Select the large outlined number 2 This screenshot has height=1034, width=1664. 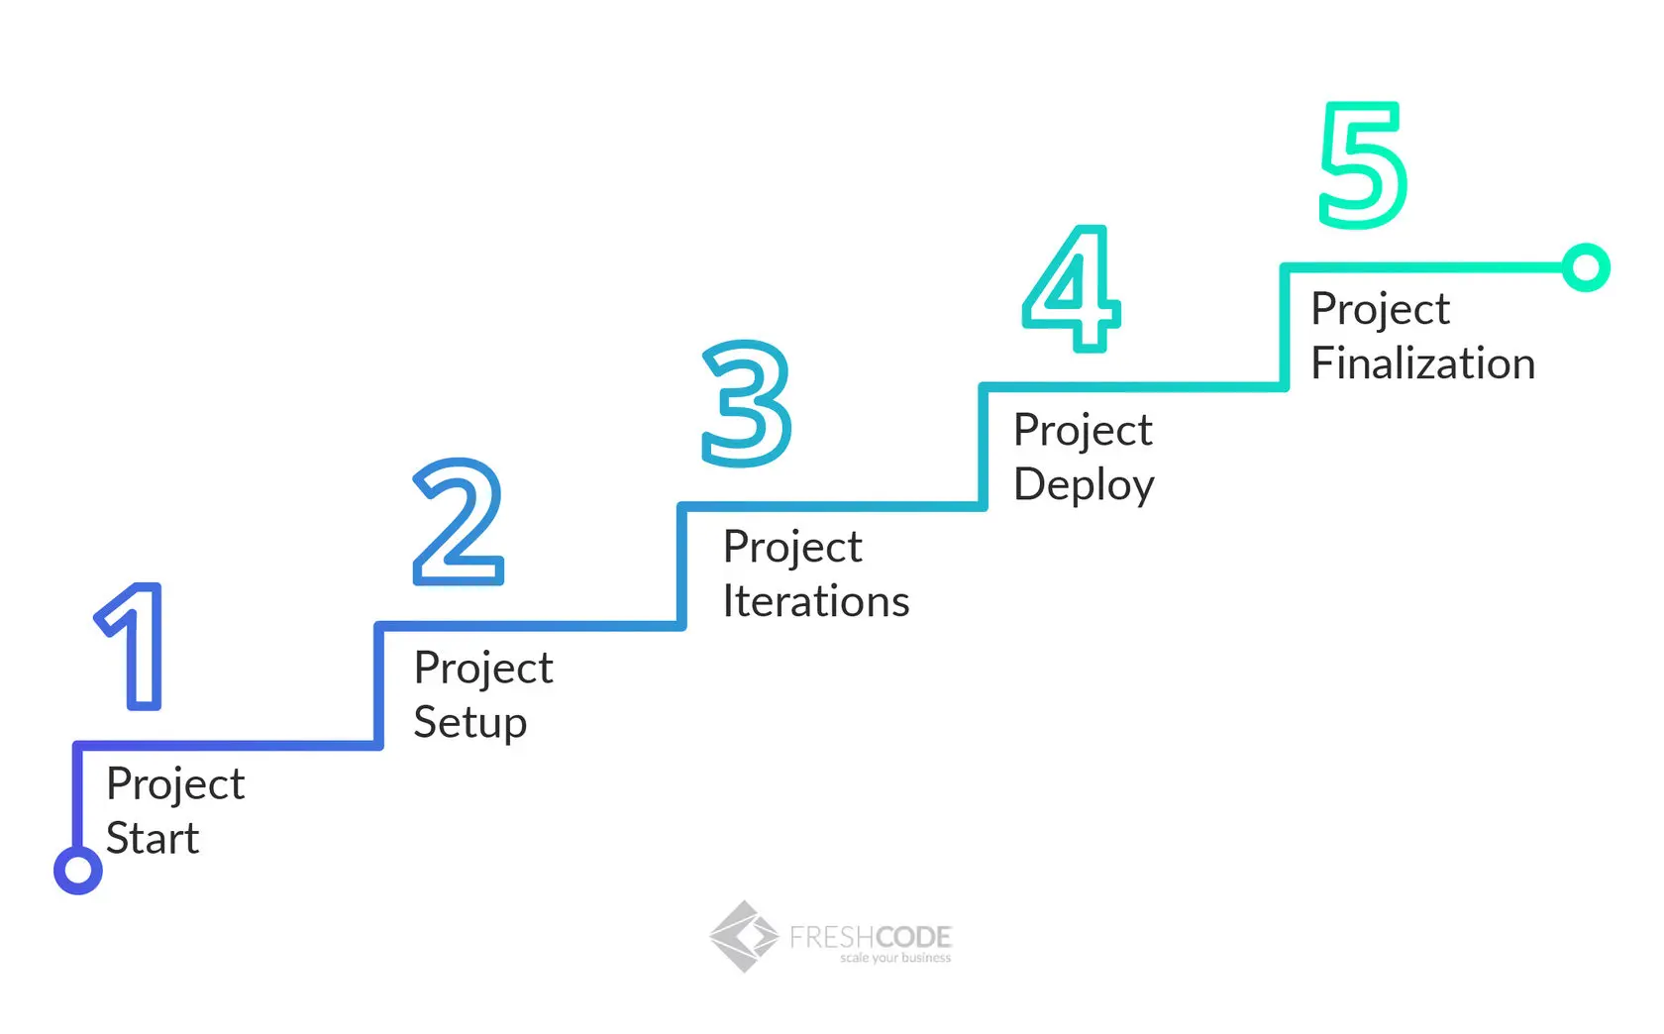click(458, 522)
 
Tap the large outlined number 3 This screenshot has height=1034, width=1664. click(747, 403)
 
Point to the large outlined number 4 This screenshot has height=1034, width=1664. click(1072, 288)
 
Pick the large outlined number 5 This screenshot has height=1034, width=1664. click(1363, 165)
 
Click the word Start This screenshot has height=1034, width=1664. click(153, 839)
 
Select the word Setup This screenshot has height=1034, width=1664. click(470, 723)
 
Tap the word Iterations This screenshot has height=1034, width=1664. click(816, 602)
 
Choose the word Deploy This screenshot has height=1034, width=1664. click(1084, 485)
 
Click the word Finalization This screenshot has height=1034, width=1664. click(1422, 363)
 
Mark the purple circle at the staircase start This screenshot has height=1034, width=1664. click(77, 870)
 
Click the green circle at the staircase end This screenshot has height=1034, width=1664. click(1586, 267)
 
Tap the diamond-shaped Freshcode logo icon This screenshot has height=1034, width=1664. click(744, 936)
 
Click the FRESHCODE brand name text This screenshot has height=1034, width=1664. click(871, 935)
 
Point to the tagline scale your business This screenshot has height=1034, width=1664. click(895, 959)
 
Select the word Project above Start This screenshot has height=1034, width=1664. click(175, 784)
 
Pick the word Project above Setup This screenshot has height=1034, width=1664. click(483, 669)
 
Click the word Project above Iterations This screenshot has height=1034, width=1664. click(792, 548)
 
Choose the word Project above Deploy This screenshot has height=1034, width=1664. click(1083, 431)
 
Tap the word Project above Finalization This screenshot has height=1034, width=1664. click(1380, 310)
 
